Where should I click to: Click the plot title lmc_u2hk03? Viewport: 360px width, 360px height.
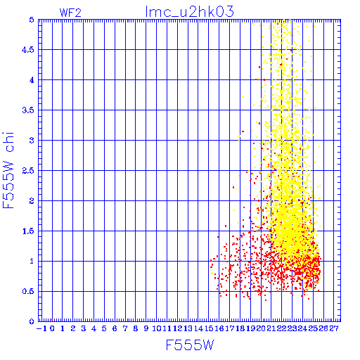(190, 12)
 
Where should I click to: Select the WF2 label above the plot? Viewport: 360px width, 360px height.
(70, 13)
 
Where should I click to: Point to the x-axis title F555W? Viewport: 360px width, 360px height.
(190, 345)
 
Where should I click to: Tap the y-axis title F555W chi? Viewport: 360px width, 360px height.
(8, 170)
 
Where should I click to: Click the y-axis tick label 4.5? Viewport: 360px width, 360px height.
(28, 50)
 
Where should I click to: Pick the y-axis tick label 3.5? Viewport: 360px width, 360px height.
(28, 110)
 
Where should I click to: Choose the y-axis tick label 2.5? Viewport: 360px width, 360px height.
(28, 171)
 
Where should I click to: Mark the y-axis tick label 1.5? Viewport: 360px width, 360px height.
(28, 231)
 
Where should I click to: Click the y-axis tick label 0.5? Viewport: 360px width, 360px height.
(28, 292)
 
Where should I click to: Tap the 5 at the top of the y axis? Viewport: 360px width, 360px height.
(32, 20)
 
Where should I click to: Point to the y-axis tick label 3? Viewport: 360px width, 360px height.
(32, 141)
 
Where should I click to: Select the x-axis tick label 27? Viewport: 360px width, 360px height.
(334, 328)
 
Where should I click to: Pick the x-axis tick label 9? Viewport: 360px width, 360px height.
(146, 328)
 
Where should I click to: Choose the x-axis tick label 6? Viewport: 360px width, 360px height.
(115, 328)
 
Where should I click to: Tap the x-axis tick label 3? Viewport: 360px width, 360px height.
(84, 328)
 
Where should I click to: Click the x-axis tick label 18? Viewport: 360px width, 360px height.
(240, 328)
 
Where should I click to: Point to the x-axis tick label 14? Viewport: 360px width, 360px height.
(198, 328)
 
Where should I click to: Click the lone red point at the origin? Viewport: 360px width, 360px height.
(52, 320)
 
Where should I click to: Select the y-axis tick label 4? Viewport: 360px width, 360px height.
(32, 80)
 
